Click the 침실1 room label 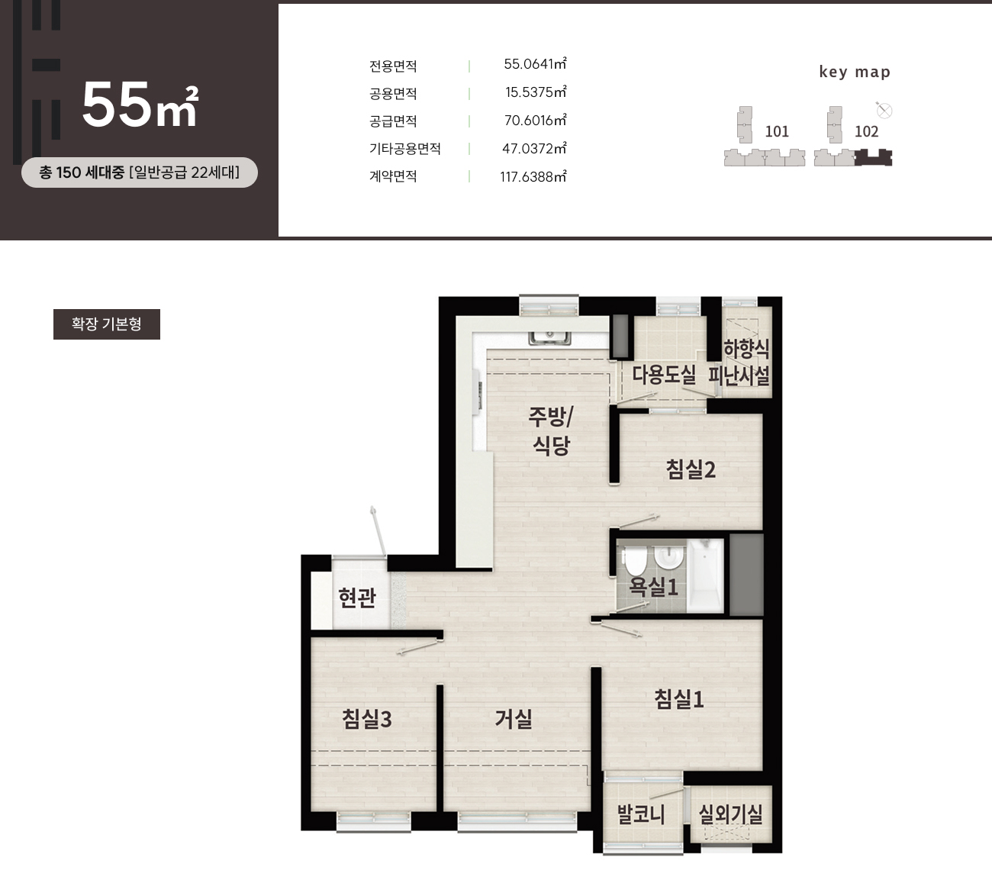(x=679, y=699)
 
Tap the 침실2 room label (x=691, y=469)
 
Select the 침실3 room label (x=367, y=719)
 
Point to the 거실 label (x=513, y=719)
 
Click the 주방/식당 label (x=551, y=431)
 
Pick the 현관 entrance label (x=357, y=598)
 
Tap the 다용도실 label (x=663, y=375)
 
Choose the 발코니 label (x=640, y=814)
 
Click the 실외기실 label (x=730, y=814)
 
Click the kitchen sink (x=549, y=337)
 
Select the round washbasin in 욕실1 (x=669, y=558)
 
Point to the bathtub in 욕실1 (x=705, y=575)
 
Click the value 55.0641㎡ (x=535, y=64)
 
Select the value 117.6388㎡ (x=533, y=177)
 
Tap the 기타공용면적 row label (x=405, y=148)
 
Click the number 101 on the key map (x=777, y=131)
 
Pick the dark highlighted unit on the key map (x=874, y=157)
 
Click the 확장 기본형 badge (x=107, y=324)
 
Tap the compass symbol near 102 (x=884, y=111)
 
